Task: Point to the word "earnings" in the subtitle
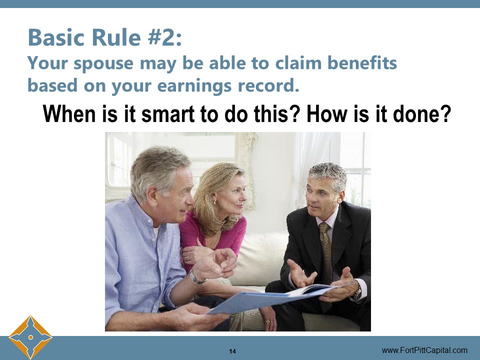pyautogui.click(x=199, y=85)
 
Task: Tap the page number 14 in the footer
pyautogui.click(x=232, y=351)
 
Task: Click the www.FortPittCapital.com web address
pyautogui.click(x=424, y=350)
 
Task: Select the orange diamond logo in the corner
pyautogui.click(x=30, y=336)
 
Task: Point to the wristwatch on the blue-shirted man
pyautogui.click(x=197, y=277)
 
